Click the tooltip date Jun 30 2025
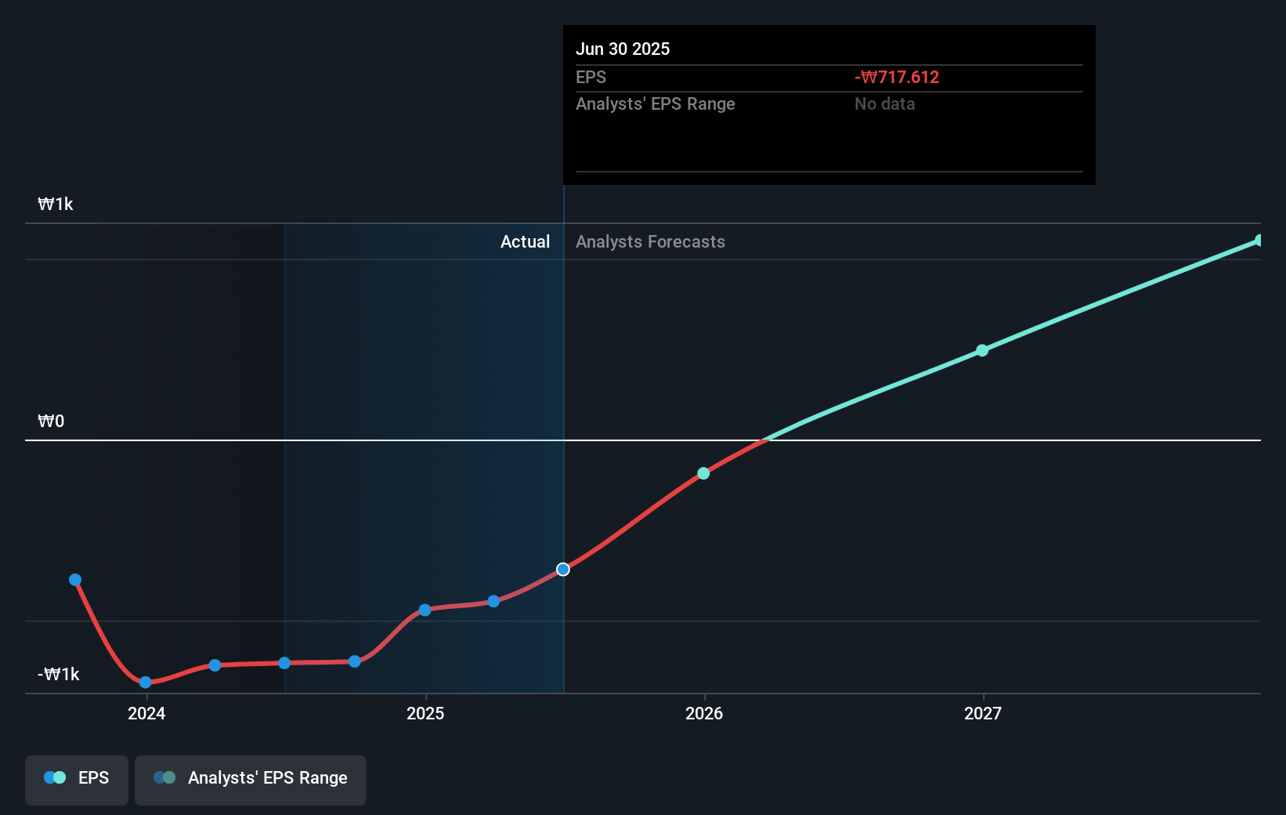[623, 49]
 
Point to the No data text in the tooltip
[884, 103]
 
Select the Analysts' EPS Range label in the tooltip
[655, 103]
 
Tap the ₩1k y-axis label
[55, 204]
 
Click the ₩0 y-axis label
[51, 421]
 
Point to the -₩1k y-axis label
[58, 674]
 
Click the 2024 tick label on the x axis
[146, 713]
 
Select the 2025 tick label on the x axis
[425, 713]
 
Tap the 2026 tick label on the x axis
[704, 713]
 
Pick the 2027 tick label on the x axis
[983, 713]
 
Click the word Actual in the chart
[525, 241]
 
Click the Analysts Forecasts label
[650, 241]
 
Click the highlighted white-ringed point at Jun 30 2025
[563, 569]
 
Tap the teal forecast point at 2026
[703, 473]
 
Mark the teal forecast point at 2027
[982, 350]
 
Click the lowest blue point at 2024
[145, 683]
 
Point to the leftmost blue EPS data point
[75, 580]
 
